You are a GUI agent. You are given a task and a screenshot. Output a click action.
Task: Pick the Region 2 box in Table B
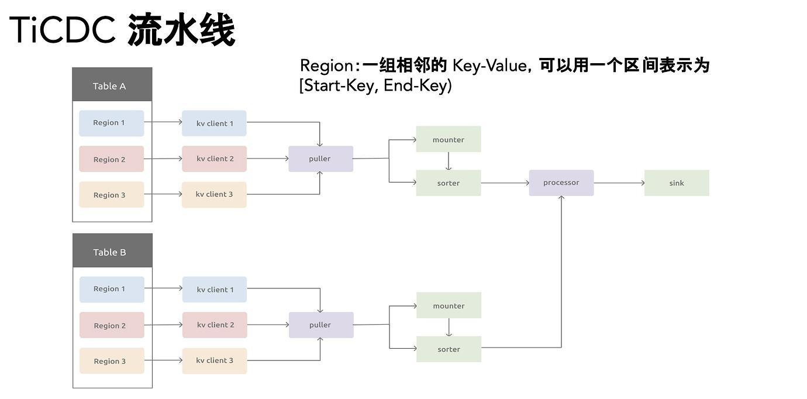click(112, 325)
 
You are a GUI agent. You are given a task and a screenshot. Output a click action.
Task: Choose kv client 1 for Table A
click(214, 123)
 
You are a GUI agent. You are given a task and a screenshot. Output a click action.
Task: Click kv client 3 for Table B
click(214, 360)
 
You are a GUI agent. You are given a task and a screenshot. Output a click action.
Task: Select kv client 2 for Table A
click(214, 159)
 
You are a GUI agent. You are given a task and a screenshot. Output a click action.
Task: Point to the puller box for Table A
click(320, 159)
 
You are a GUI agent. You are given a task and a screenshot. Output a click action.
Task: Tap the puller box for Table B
click(321, 325)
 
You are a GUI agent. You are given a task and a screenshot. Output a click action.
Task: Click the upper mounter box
click(449, 139)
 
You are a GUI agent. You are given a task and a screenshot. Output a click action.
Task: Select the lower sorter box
click(449, 349)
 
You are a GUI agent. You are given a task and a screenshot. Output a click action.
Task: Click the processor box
click(561, 183)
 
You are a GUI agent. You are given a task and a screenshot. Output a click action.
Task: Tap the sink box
click(677, 183)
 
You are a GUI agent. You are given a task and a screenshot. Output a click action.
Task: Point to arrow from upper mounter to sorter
click(449, 161)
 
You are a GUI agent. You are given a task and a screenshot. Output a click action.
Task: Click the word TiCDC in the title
click(63, 29)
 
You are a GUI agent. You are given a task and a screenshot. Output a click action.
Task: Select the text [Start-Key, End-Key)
click(375, 86)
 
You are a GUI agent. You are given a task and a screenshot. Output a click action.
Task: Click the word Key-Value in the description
click(489, 66)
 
